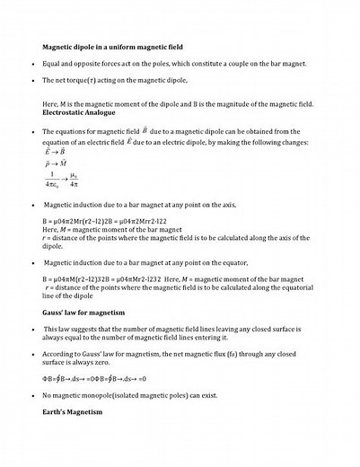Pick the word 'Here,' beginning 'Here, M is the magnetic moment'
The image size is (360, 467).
pos(51,104)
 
